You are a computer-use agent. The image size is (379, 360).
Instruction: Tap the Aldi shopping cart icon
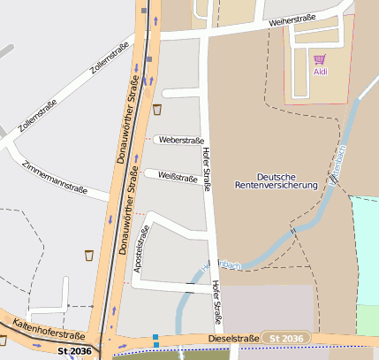click(319, 59)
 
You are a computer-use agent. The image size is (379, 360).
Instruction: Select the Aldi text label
click(319, 72)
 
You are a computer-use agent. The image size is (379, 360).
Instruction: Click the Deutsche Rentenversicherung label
click(276, 180)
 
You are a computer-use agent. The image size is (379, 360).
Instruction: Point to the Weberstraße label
click(181, 140)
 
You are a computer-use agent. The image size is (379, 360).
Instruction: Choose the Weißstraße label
click(178, 177)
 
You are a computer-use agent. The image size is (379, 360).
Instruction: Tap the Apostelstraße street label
click(139, 251)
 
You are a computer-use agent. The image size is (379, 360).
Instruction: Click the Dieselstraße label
click(233, 338)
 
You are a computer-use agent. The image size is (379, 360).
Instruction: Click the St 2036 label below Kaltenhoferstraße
click(74, 351)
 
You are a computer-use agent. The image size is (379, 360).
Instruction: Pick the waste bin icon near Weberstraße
click(157, 110)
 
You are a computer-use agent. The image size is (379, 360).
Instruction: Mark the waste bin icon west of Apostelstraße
click(88, 256)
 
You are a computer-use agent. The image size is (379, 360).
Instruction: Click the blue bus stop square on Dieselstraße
click(155, 336)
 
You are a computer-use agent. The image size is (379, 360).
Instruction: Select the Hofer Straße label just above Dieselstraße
click(216, 301)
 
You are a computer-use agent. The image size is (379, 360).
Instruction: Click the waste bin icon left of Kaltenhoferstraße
click(3, 339)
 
